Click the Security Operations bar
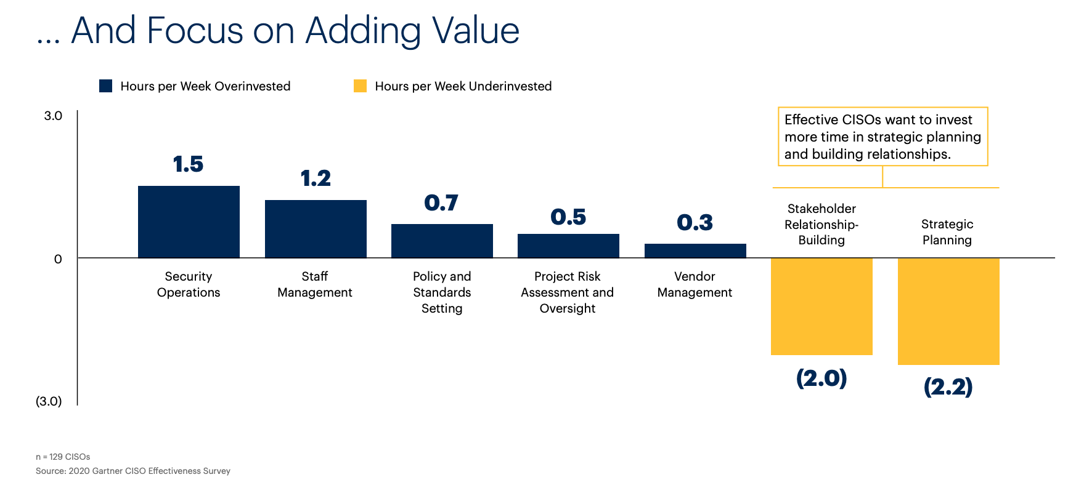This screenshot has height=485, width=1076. pos(189,222)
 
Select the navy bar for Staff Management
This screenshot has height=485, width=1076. pos(316,228)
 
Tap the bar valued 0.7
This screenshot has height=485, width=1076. pos(442,241)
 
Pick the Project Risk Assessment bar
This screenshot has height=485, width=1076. pos(568,246)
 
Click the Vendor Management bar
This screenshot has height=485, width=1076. pos(695,251)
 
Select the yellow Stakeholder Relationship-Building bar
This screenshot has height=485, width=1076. pos(821,306)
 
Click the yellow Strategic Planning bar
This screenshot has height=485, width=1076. pos(948,311)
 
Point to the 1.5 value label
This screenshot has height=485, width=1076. pos(188,164)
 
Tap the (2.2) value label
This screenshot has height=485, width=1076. pos(948,387)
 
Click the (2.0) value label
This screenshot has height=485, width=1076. pos(821,377)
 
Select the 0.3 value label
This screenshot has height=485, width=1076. pos(695,222)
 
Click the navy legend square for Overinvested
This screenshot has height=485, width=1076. pos(106,86)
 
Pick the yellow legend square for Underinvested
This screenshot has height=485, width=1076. pos(360,86)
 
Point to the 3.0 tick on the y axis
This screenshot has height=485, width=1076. pos(53,116)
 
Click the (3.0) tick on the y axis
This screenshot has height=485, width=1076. pos(49,401)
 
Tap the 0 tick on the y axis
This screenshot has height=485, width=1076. pos(58,259)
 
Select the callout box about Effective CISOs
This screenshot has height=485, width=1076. pos(882,137)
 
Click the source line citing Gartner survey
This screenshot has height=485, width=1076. pos(133,471)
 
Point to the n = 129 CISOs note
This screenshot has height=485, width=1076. pos(63,457)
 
